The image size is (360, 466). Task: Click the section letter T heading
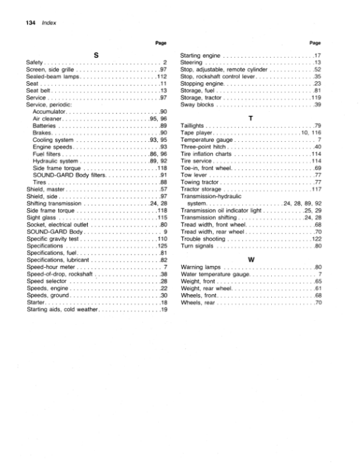tap(251, 118)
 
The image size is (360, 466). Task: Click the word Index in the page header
tap(48, 22)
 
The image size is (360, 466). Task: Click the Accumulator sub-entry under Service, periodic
tap(49, 112)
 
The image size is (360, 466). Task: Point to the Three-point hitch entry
tap(202, 147)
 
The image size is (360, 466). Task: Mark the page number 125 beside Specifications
tap(161, 246)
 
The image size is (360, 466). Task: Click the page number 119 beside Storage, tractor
tap(317, 98)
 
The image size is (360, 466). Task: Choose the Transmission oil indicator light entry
tap(221, 210)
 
